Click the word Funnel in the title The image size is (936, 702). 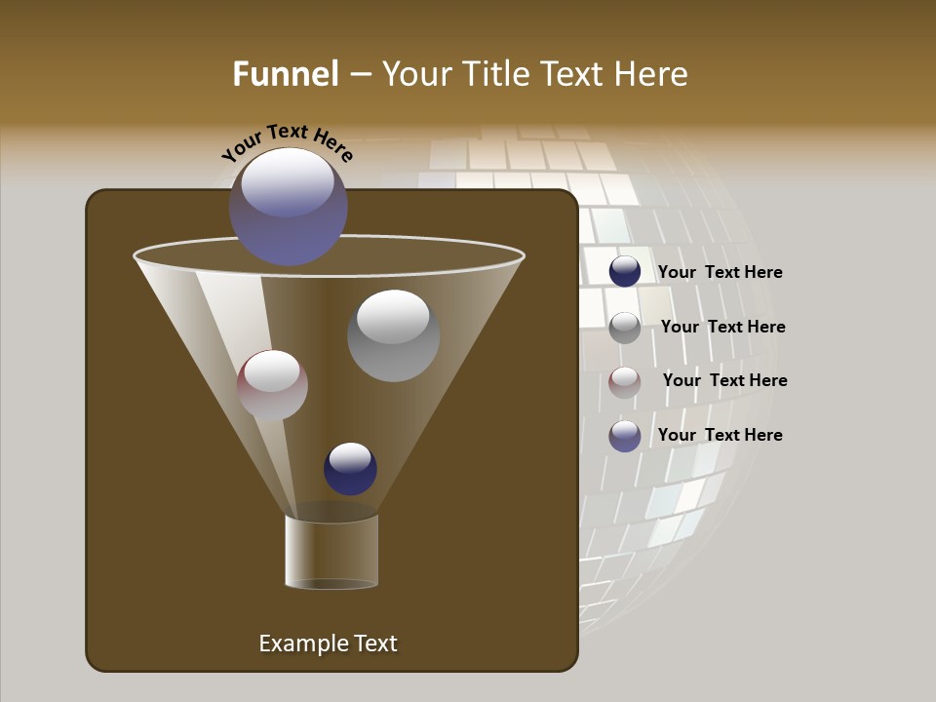(286, 74)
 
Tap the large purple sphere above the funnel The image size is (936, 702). (289, 207)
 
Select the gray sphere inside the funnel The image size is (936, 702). (393, 335)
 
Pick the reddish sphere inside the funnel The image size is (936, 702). (272, 385)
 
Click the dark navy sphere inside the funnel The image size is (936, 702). (350, 468)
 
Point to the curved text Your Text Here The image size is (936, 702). (288, 143)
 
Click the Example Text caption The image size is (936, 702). (328, 643)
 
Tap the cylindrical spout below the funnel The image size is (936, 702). (331, 551)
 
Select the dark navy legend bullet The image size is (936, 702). (625, 271)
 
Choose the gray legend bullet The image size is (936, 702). (625, 328)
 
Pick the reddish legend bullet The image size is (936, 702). (625, 382)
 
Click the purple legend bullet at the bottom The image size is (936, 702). (625, 436)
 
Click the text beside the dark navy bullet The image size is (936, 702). (720, 273)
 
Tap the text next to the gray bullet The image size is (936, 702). (722, 328)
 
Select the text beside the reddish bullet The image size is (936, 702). (724, 381)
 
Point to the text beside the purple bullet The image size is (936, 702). (720, 435)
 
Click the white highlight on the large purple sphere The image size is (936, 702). (288, 182)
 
